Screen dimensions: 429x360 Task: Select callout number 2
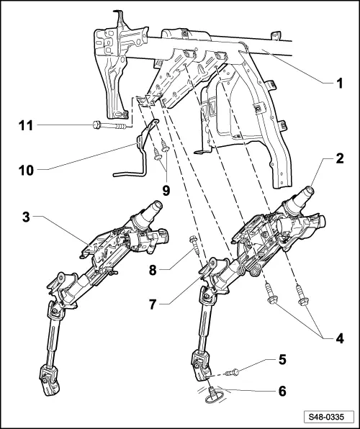pyautogui.click(x=338, y=158)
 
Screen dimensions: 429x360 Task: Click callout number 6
pyautogui.click(x=283, y=391)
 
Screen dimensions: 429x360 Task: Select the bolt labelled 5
pyautogui.click(x=234, y=372)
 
